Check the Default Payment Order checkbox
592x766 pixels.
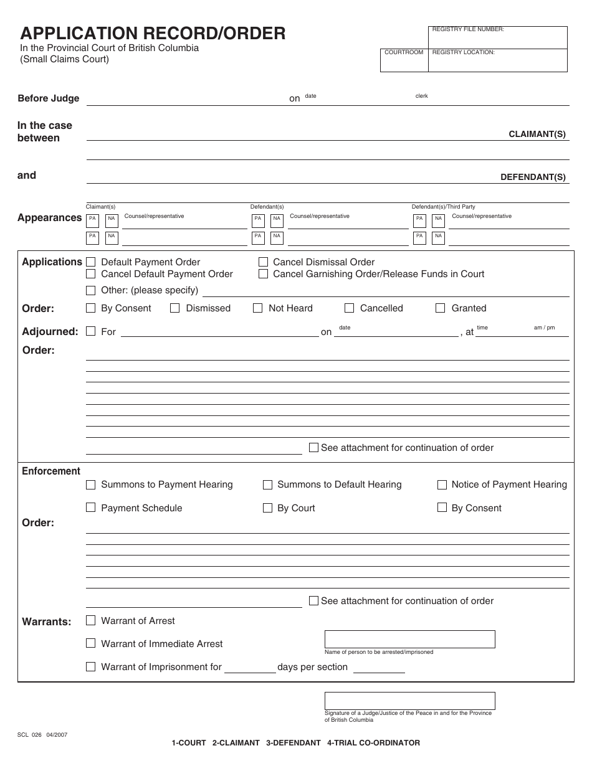tap(90, 262)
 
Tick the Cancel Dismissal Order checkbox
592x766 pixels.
tap(263, 262)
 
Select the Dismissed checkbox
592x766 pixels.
tap(175, 308)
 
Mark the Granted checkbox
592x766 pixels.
tap(441, 308)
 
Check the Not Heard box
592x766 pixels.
tap(258, 308)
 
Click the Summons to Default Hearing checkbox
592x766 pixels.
tap(267, 485)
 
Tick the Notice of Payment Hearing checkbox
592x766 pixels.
tap(442, 485)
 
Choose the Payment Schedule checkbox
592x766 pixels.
tap(90, 508)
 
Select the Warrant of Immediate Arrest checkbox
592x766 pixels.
tap(90, 643)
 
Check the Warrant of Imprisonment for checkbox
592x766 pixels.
tap(90, 667)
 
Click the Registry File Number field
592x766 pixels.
tap(498, 38)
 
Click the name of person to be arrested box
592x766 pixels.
tap(409, 639)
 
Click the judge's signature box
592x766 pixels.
tap(409, 701)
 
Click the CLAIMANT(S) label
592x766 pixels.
tap(537, 134)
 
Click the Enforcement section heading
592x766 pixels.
tap(51, 471)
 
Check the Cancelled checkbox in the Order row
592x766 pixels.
tap(349, 308)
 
